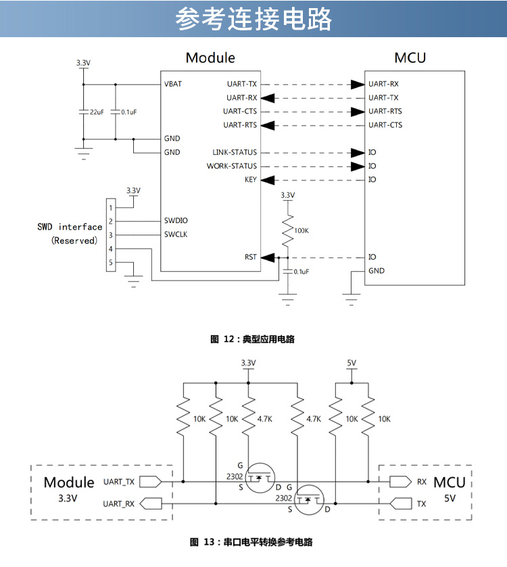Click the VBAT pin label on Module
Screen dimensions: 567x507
[x=173, y=84]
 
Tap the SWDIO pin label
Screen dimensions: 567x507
[x=176, y=221]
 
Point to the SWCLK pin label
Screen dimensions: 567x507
[x=176, y=235]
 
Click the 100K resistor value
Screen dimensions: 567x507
[x=301, y=230]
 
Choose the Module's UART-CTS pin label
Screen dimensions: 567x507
[x=240, y=112]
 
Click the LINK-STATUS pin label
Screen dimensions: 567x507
[x=235, y=153]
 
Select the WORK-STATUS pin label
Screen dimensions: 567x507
[x=232, y=166]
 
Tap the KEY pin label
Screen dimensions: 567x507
[x=251, y=180]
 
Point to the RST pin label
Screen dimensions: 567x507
[x=251, y=257]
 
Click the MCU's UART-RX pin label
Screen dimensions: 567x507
[x=384, y=84]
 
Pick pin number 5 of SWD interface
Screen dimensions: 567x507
[x=111, y=262]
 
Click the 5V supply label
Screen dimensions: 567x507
[x=352, y=363]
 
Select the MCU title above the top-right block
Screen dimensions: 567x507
[x=410, y=57]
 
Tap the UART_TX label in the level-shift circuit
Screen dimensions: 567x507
[x=119, y=482]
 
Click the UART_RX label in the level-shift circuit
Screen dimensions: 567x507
[x=119, y=503]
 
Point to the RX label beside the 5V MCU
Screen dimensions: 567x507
[x=422, y=482]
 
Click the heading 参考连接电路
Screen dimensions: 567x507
[x=254, y=20]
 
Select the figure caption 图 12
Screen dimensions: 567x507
[x=253, y=339]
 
